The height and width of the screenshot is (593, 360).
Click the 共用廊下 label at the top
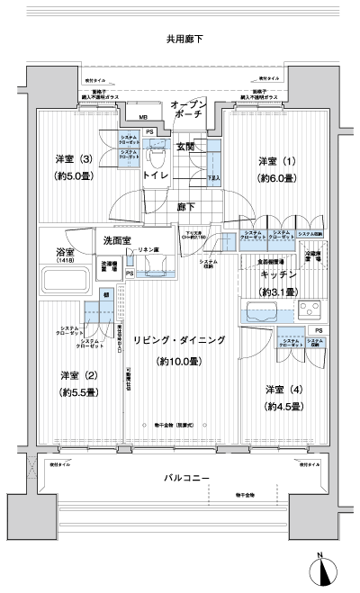tap(184, 40)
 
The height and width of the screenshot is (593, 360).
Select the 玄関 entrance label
tap(185, 146)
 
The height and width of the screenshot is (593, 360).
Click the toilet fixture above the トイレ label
tap(159, 159)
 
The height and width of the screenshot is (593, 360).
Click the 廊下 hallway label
tap(185, 207)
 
